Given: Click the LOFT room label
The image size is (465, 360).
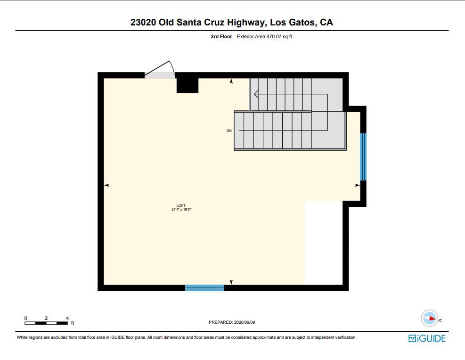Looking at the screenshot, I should pyautogui.click(x=181, y=205).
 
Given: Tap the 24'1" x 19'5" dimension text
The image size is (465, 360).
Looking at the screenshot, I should pyautogui.click(x=181, y=209).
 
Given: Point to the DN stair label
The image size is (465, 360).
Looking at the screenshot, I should pyautogui.click(x=229, y=131).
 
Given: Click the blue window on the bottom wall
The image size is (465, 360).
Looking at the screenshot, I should pyautogui.click(x=204, y=287).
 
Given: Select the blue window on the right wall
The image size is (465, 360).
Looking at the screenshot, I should pyautogui.click(x=363, y=157).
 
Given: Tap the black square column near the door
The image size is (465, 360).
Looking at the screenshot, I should pyautogui.click(x=187, y=85).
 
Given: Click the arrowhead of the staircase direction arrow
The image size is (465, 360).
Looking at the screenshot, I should pyautogui.click(x=256, y=94).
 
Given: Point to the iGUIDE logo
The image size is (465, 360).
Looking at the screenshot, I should pyautogui.click(x=426, y=338).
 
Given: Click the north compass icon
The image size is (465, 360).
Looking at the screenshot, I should pyautogui.click(x=430, y=319).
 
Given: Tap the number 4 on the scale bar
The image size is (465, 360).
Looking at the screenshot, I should pyautogui.click(x=67, y=318).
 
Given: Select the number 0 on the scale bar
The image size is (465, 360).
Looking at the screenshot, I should pyautogui.click(x=26, y=318).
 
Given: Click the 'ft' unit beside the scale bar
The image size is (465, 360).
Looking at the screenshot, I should pyautogui.click(x=73, y=323).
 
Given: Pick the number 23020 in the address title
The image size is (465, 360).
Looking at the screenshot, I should pyautogui.click(x=143, y=22).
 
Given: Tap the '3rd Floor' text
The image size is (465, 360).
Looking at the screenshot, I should pyautogui.click(x=221, y=36).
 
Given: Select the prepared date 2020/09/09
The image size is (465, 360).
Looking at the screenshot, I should pyautogui.click(x=245, y=322).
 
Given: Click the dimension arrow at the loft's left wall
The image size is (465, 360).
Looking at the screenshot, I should pyautogui.click(x=106, y=185).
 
